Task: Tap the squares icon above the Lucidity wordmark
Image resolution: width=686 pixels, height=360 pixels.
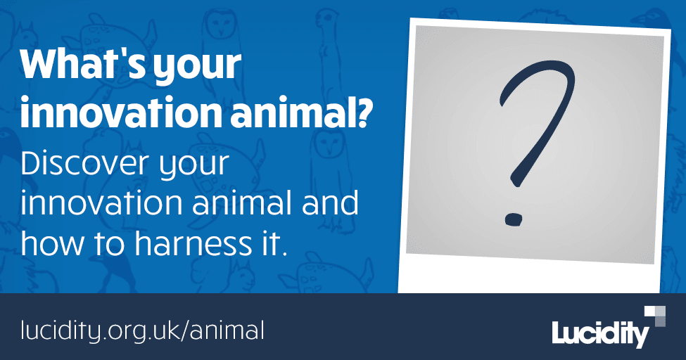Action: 655,315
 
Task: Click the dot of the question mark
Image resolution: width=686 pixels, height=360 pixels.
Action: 514,219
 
